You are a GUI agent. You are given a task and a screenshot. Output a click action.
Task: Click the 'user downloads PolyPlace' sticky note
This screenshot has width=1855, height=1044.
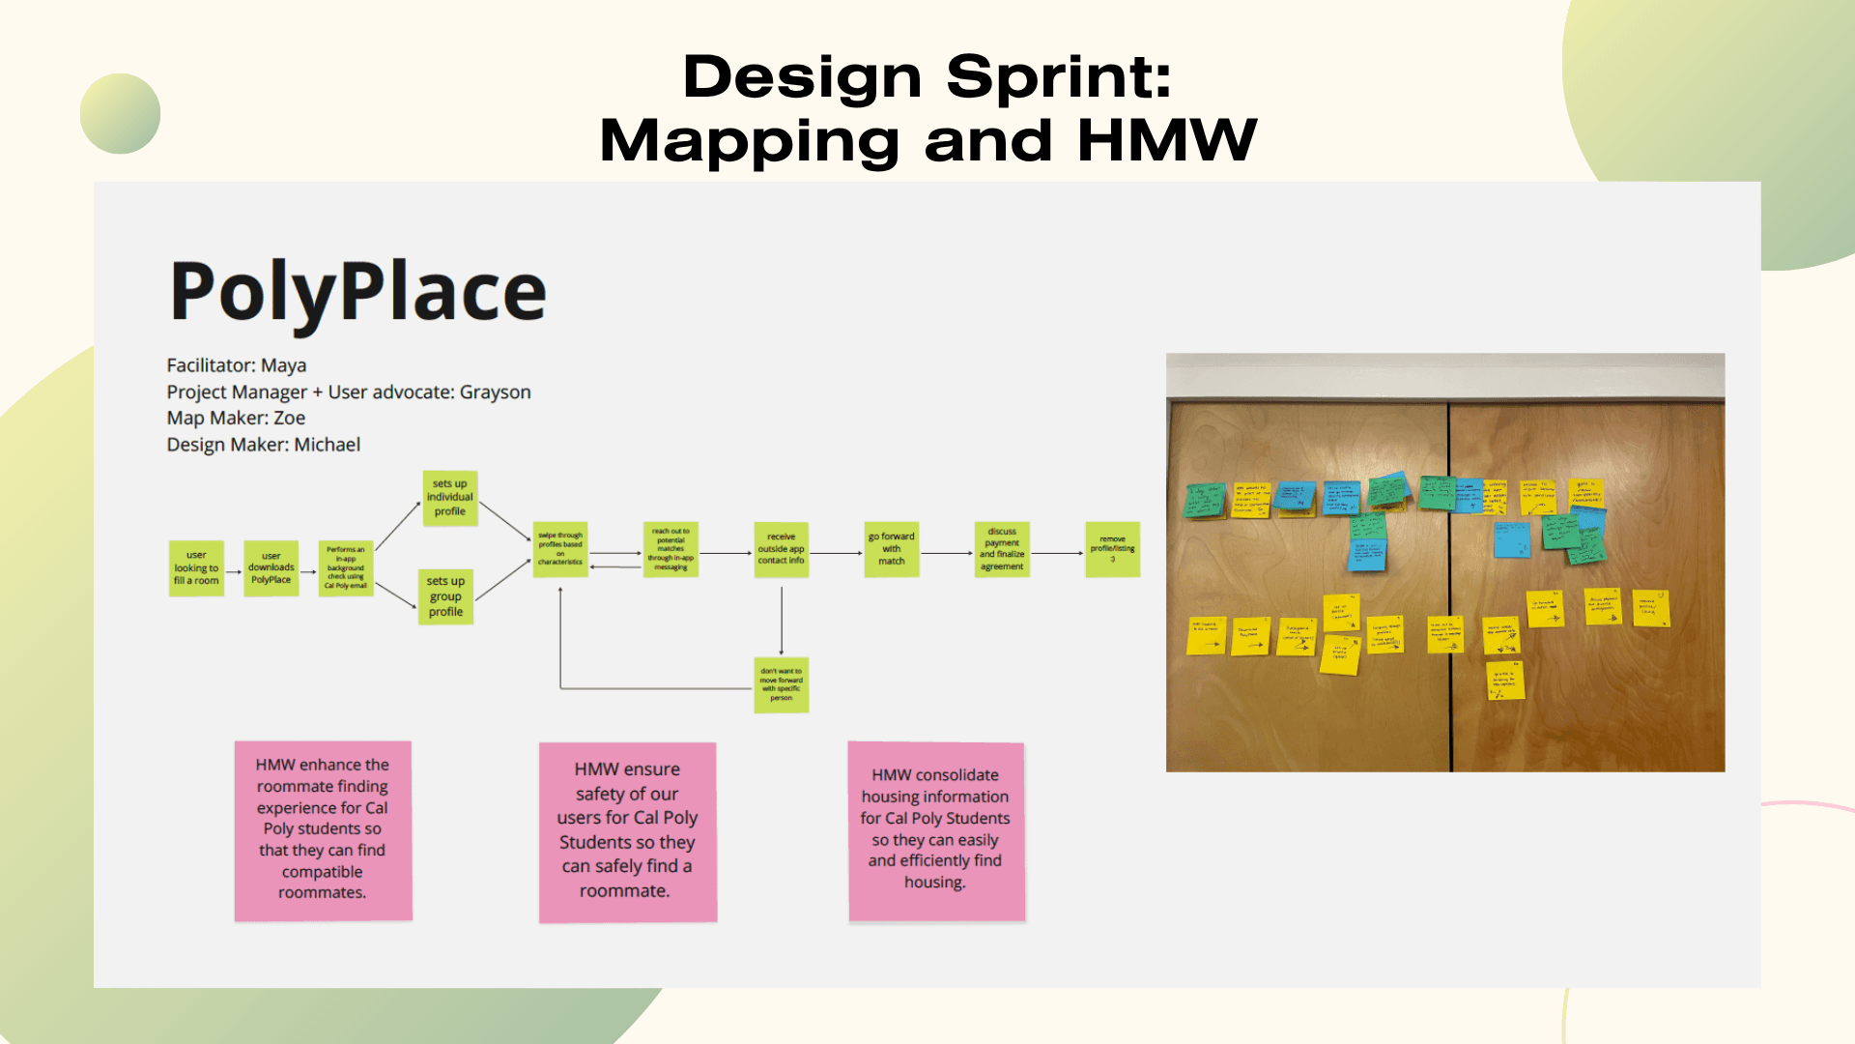pos(271,568)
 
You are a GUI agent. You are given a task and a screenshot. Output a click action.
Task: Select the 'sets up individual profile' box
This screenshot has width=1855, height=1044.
pos(450,498)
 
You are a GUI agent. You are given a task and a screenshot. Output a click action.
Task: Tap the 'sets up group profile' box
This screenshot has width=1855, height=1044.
pos(445,596)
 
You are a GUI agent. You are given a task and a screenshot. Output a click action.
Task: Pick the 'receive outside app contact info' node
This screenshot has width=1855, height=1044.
pos(781,549)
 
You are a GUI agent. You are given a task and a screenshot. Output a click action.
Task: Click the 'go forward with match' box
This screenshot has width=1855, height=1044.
pos(891,549)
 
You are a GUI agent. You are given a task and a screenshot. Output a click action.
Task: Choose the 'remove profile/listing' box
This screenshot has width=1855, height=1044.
pos(1112,549)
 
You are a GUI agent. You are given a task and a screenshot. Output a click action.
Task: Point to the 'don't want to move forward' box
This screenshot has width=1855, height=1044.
pos(781,684)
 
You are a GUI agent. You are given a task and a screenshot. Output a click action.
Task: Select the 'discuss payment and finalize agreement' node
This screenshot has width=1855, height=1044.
pos(1002,549)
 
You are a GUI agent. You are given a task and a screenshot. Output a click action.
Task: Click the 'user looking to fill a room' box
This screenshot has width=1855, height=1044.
pos(196,568)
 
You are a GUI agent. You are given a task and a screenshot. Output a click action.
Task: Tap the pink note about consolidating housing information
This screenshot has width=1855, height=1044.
pos(935,830)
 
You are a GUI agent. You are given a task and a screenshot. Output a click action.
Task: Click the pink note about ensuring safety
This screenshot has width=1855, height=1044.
pos(627,831)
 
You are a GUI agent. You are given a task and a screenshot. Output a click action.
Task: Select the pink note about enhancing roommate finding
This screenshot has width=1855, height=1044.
pos(323,830)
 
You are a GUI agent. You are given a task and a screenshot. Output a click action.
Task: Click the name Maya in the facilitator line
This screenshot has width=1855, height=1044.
pos(283,365)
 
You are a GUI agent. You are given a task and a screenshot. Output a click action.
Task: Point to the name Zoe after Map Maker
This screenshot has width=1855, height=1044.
pos(289,418)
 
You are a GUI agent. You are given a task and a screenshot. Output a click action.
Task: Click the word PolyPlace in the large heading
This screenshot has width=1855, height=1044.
pos(357,292)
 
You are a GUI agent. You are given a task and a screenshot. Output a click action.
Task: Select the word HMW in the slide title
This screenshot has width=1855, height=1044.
pos(1167,140)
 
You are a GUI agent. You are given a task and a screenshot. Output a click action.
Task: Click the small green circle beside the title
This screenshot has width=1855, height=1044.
pos(120,113)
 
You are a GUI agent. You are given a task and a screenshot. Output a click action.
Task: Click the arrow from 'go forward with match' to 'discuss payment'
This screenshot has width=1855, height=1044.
pos(947,553)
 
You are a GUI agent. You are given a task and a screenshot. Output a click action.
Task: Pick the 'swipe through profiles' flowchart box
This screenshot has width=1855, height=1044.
pos(560,549)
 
